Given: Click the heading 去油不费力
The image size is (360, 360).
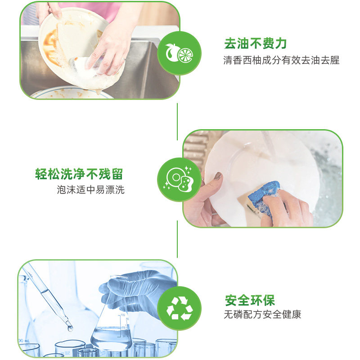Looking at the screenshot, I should coord(256,44).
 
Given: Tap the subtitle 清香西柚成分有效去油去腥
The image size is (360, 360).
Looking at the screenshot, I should coord(281,60).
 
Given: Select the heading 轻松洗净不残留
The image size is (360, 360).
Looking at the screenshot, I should coord(79,174).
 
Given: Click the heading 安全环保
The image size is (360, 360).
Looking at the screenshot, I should coord(250,300).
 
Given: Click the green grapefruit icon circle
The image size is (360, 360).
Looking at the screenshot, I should coord(179,54).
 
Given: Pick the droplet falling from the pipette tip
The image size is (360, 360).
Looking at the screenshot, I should coord(70,328).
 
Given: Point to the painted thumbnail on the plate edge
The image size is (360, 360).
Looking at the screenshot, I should coord(218,176).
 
